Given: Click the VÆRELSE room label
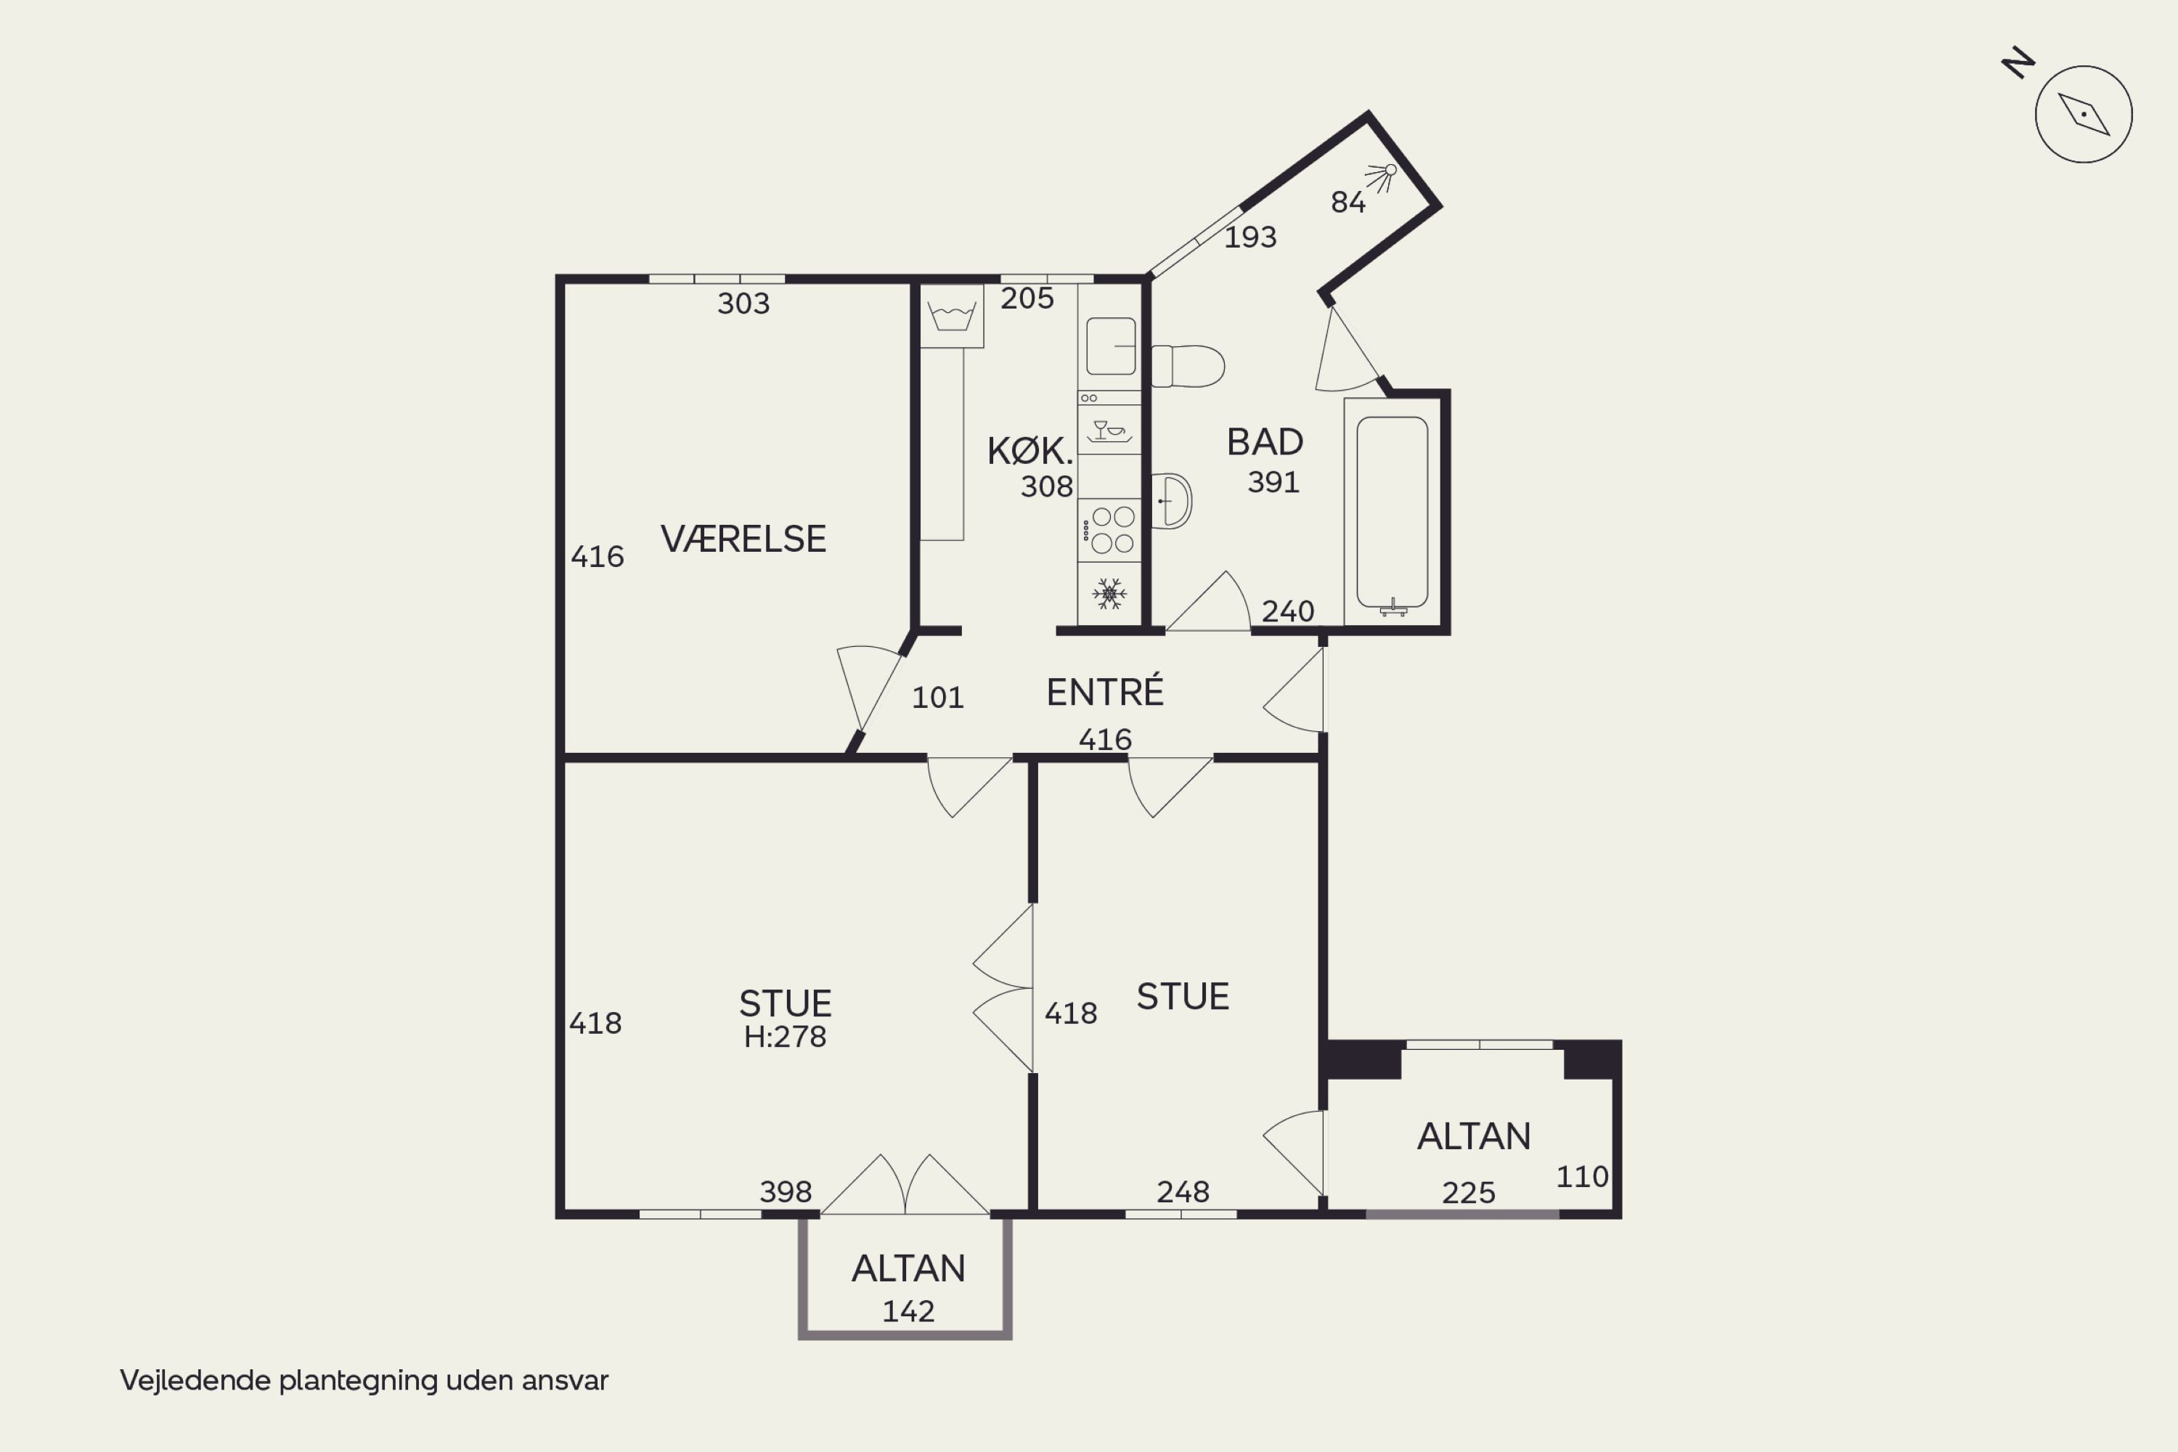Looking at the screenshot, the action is [743, 539].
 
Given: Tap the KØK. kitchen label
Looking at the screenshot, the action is [1029, 451].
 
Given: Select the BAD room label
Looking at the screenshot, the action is [1265, 441].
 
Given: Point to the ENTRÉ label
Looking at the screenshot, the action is [1105, 691].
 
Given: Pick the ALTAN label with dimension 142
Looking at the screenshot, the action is [908, 1268].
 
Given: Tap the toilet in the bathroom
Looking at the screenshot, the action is [1188, 366].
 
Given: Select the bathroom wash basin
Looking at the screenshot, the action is [1172, 501].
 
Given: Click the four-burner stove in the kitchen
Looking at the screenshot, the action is [1109, 531].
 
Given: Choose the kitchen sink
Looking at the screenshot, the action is [1110, 346].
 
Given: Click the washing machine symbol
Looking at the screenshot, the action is [952, 316].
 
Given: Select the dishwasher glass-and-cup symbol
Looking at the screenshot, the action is [1109, 431].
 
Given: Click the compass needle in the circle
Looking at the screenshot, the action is [2084, 115].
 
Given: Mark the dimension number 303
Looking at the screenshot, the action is [743, 303].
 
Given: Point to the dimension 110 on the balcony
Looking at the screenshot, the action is [1583, 1177].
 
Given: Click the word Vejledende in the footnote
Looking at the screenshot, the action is [195, 1381].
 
